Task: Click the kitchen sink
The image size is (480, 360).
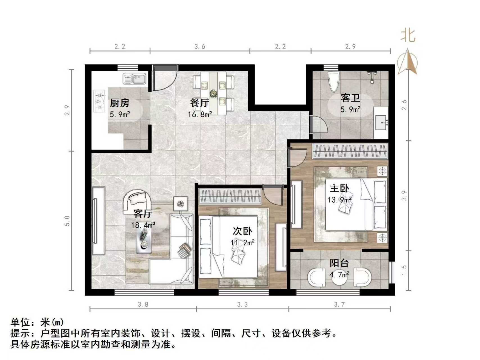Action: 135,79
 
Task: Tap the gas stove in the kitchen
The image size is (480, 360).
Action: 98,101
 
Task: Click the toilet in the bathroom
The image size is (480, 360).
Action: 334,81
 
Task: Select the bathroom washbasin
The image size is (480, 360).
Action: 381,123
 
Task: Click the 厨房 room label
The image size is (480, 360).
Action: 120,103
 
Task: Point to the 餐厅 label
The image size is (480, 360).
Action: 199,103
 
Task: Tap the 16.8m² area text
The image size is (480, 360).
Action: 200,114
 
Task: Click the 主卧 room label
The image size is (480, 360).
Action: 339,188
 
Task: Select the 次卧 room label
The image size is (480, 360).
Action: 242,231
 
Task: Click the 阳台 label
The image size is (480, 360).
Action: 339,263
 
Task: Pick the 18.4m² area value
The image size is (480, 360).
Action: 143,225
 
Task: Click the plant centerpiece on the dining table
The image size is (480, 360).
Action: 214,93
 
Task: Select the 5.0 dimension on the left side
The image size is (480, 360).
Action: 67,221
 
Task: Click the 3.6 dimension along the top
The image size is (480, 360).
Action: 200,46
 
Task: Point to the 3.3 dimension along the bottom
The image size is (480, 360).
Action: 242,304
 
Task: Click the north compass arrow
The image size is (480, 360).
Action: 407,62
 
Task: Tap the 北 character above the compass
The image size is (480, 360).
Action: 408,36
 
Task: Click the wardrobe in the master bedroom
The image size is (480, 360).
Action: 350,151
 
